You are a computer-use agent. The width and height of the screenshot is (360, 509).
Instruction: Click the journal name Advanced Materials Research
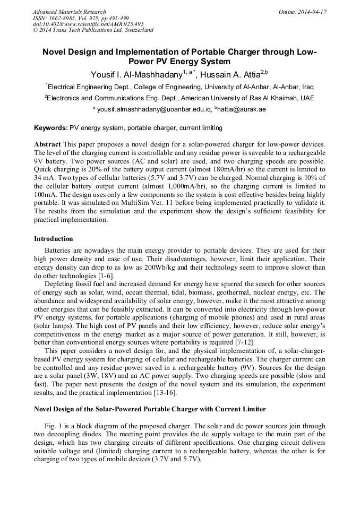[x=69, y=12]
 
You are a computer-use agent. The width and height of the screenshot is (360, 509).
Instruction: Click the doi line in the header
[x=88, y=24]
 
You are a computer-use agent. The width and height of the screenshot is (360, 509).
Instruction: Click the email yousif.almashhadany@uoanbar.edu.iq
[x=154, y=109]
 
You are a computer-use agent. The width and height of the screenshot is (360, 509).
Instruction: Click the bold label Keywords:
[x=51, y=128]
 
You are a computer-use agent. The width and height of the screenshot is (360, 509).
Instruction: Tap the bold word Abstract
[x=48, y=144]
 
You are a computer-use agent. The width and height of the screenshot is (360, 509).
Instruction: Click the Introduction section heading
[x=54, y=239]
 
